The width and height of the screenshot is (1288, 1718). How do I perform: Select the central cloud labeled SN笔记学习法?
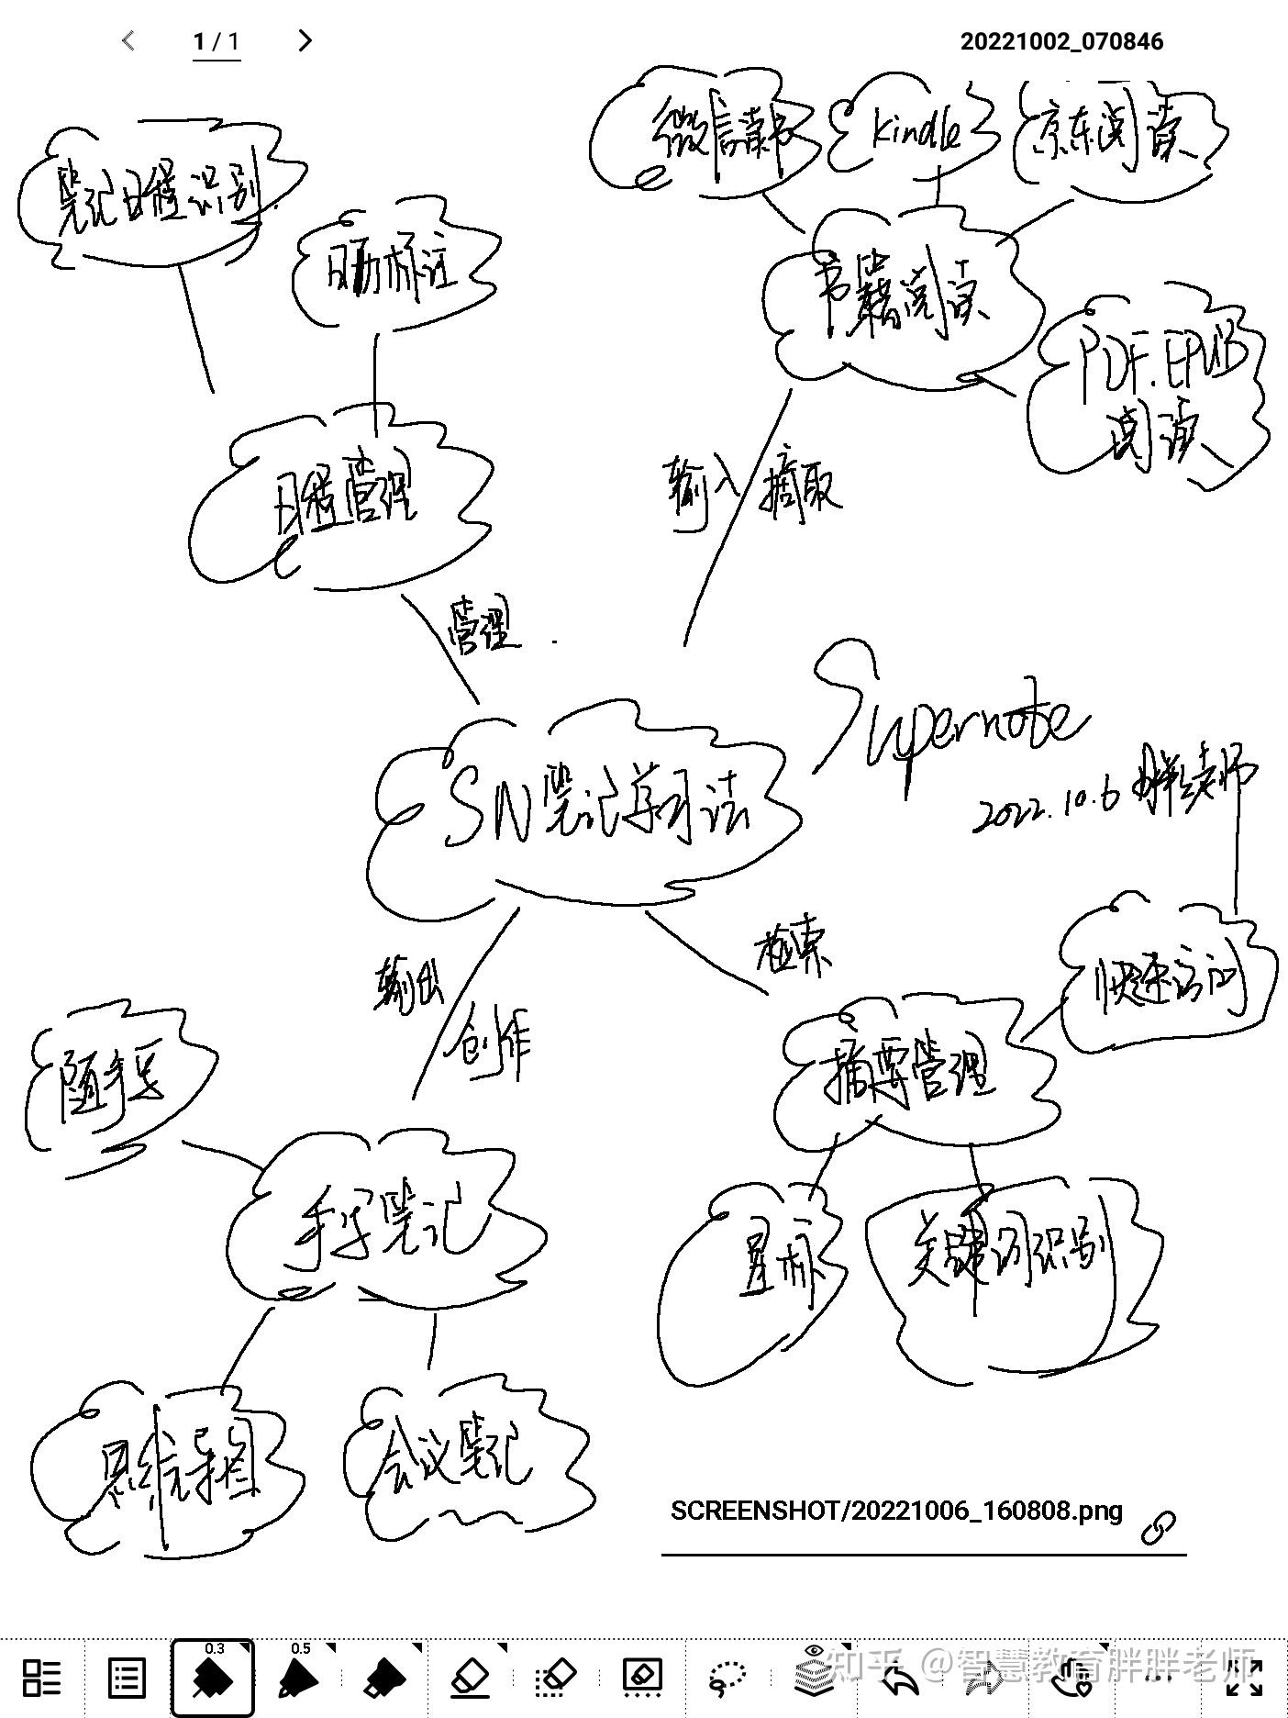coord(587,808)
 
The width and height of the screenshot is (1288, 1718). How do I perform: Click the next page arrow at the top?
coord(305,40)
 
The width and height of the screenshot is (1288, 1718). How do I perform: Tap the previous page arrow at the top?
coord(128,40)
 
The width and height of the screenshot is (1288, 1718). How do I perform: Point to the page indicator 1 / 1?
coord(217,41)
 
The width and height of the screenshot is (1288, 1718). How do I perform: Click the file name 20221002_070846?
coord(1061,41)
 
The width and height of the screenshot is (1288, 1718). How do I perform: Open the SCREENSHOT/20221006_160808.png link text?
coord(896,1511)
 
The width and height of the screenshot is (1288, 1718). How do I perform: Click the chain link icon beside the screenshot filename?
coord(1159,1526)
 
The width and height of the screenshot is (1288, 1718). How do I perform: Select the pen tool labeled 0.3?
coord(213,1677)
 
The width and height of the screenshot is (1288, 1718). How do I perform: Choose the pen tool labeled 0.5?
coord(299,1677)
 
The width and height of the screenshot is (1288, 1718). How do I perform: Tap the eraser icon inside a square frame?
coord(642,1677)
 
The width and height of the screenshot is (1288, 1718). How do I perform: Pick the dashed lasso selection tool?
coord(728,1677)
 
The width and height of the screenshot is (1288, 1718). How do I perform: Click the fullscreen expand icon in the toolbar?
coord(1243,1677)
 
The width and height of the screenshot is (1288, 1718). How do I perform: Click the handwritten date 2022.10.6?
coord(1046,808)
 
